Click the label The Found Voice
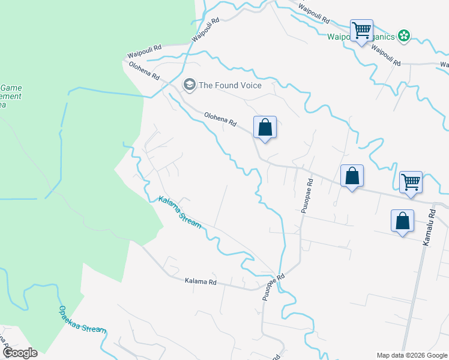pos(230,85)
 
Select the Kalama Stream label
pos(179,212)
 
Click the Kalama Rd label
pos(200,281)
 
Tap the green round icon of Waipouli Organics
pos(404,37)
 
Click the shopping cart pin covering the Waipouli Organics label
pos(361,30)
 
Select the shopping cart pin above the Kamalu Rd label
pos(411,181)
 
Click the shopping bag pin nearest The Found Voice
pos(265,127)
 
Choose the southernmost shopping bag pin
pos(402,221)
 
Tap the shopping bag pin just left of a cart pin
pos(352,176)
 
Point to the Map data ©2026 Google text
pos(412,355)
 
